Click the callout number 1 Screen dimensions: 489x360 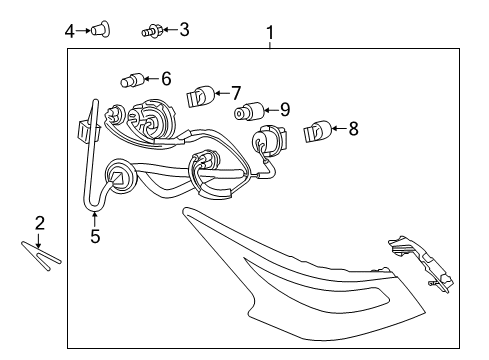(270, 33)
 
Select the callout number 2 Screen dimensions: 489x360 (40, 223)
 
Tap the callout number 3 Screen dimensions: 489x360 (184, 29)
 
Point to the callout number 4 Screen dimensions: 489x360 (70, 31)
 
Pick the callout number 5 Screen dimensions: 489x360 (95, 236)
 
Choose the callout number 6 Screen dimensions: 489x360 (166, 79)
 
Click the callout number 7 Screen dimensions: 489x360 (236, 93)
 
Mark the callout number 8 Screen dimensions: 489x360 (353, 129)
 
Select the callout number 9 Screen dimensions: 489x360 (285, 109)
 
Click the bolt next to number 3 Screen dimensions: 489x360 (152, 31)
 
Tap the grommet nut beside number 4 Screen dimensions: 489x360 (101, 29)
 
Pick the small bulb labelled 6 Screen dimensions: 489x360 (132, 80)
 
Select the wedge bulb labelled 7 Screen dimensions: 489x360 (200, 95)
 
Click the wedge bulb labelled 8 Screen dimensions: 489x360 (318, 131)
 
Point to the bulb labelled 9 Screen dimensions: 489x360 (249, 111)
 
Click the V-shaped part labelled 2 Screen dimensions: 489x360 (41, 255)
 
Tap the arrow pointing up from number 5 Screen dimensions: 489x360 (95, 219)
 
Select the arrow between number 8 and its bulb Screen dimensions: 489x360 (339, 128)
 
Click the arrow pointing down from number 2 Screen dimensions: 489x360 (39, 241)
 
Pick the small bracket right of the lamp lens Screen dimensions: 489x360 (422, 263)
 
